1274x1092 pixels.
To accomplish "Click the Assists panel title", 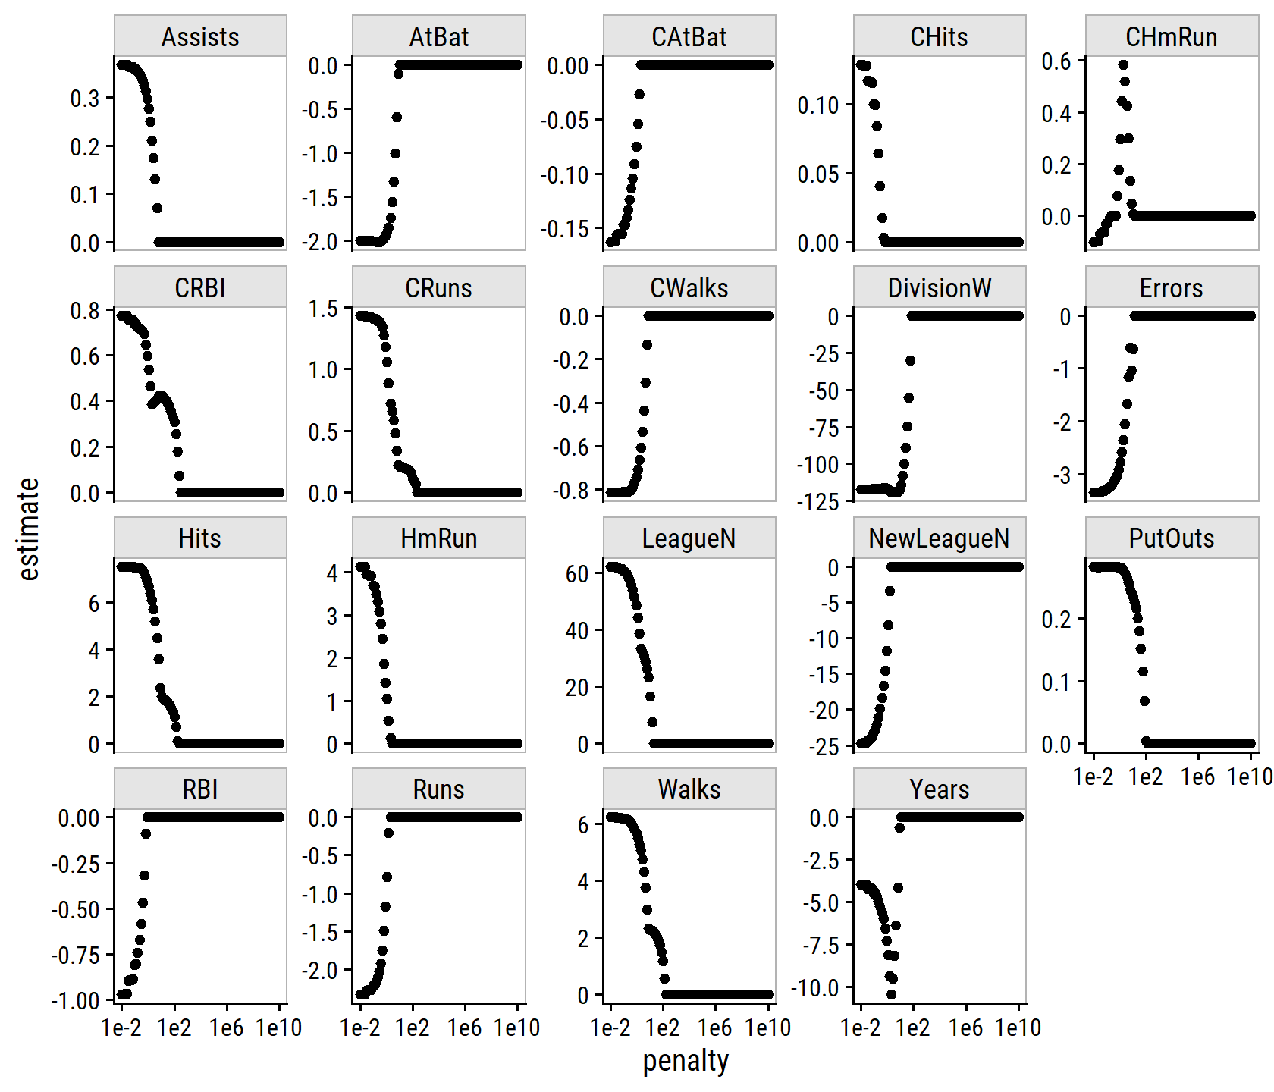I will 200,36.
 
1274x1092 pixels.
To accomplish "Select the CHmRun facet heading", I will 1171,36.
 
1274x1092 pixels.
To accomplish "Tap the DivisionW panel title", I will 939,287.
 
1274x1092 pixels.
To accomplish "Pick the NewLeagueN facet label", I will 939,538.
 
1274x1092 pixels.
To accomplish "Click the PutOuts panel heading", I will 1171,538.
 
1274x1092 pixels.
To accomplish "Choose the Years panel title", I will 939,789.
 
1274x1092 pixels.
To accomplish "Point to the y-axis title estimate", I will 28,529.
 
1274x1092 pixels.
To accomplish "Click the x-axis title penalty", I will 686,1061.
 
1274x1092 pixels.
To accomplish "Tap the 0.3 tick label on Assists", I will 85,98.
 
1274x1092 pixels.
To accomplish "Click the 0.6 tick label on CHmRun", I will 1056,61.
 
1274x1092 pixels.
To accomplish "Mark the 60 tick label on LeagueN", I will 577,574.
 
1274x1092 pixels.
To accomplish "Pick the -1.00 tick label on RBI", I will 76,1001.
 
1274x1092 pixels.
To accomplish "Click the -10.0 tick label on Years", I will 815,988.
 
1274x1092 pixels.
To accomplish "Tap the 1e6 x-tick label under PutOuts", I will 1197,777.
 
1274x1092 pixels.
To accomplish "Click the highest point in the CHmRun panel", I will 1123,65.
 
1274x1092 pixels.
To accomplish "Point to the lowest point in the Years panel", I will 891,994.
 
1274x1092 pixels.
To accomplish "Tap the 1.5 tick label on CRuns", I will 323,309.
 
